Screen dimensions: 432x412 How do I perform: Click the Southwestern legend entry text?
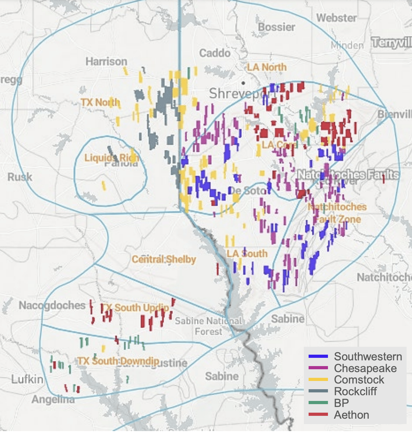click(368, 357)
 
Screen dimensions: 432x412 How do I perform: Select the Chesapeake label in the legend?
click(365, 368)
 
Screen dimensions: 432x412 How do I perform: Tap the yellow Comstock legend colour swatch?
click(318, 379)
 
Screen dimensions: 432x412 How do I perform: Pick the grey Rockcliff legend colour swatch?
click(318, 391)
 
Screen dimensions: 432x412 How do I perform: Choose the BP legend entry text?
click(341, 403)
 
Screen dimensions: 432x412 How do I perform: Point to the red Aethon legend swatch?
click(318, 415)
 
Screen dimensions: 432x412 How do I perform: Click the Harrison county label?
click(106, 61)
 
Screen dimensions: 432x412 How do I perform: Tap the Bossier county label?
click(277, 27)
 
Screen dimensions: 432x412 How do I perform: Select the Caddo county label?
click(215, 53)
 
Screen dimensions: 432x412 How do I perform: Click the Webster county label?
click(337, 18)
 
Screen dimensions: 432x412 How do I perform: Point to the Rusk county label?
click(20, 177)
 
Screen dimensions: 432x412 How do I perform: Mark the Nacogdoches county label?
click(52, 305)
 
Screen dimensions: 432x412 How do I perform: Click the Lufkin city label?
click(27, 379)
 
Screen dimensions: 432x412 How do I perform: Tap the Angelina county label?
click(53, 399)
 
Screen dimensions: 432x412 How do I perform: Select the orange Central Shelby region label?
click(164, 259)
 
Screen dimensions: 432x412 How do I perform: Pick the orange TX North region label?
click(100, 102)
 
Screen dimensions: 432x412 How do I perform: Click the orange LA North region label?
click(267, 67)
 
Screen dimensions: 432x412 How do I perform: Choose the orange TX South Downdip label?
click(118, 361)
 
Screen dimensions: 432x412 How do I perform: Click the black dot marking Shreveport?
click(243, 83)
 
